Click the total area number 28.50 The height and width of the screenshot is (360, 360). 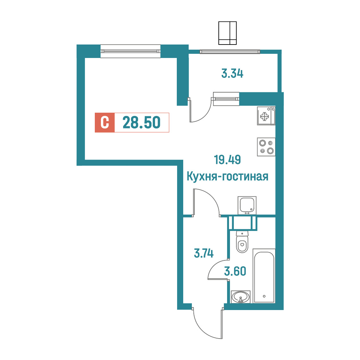142,122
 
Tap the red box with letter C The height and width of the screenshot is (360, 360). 105,123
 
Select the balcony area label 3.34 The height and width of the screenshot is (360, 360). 232,74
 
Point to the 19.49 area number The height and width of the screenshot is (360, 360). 227,160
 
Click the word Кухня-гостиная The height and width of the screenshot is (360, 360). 227,176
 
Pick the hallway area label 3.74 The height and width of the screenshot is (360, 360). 204,253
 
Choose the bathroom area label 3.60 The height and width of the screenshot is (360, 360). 235,271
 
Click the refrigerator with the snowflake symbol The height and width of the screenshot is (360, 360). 266,116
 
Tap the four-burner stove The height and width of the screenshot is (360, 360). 266,147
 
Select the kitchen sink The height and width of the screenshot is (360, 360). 247,205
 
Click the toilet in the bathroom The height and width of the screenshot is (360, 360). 242,241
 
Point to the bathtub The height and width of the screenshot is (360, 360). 264,276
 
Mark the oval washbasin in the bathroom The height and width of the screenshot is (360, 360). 241,297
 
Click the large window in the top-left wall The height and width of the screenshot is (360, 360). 130,51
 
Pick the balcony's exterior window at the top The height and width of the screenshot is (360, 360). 230,52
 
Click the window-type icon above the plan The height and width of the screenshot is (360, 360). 227,33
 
